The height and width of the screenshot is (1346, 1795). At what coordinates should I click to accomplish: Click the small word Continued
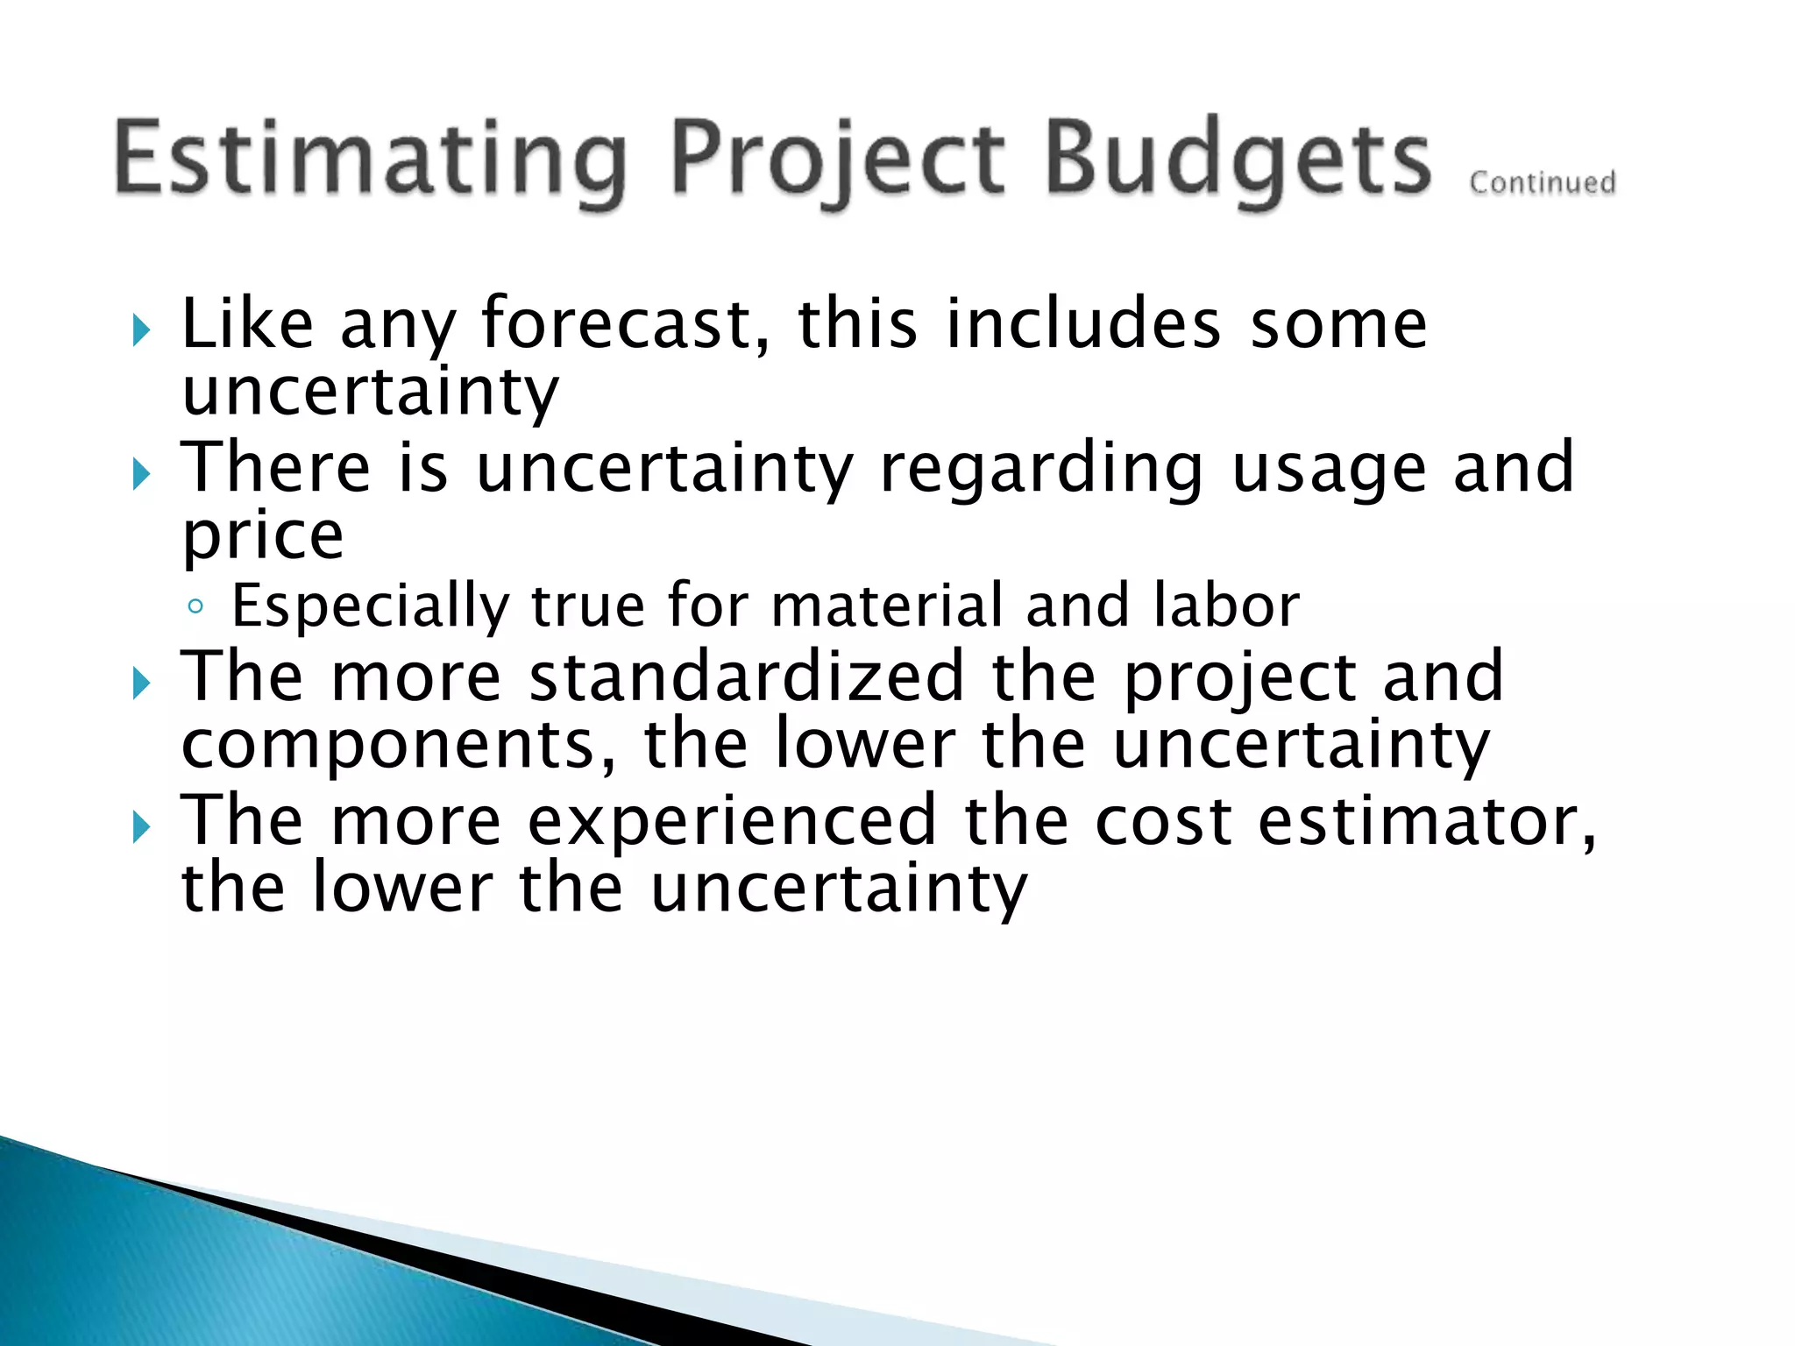pos(1542,183)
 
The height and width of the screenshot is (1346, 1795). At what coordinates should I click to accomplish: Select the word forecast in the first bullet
pos(626,324)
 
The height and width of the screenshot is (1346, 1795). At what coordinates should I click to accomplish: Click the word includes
pos(1082,324)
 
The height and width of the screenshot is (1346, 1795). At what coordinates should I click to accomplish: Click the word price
pos(262,536)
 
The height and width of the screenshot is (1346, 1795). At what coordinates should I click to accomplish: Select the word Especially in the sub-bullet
pos(370,606)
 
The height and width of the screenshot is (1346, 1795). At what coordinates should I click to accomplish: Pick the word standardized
pos(747,677)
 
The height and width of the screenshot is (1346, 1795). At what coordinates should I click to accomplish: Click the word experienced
pos(732,821)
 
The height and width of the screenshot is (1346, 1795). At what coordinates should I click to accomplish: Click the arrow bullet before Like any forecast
pos(141,331)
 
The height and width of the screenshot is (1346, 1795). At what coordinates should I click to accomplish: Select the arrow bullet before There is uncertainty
pos(141,476)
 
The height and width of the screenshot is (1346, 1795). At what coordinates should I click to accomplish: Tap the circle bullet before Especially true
pos(196,606)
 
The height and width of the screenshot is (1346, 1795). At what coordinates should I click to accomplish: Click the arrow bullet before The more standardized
pos(141,684)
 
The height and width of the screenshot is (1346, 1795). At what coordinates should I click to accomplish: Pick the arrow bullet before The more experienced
pos(141,827)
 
